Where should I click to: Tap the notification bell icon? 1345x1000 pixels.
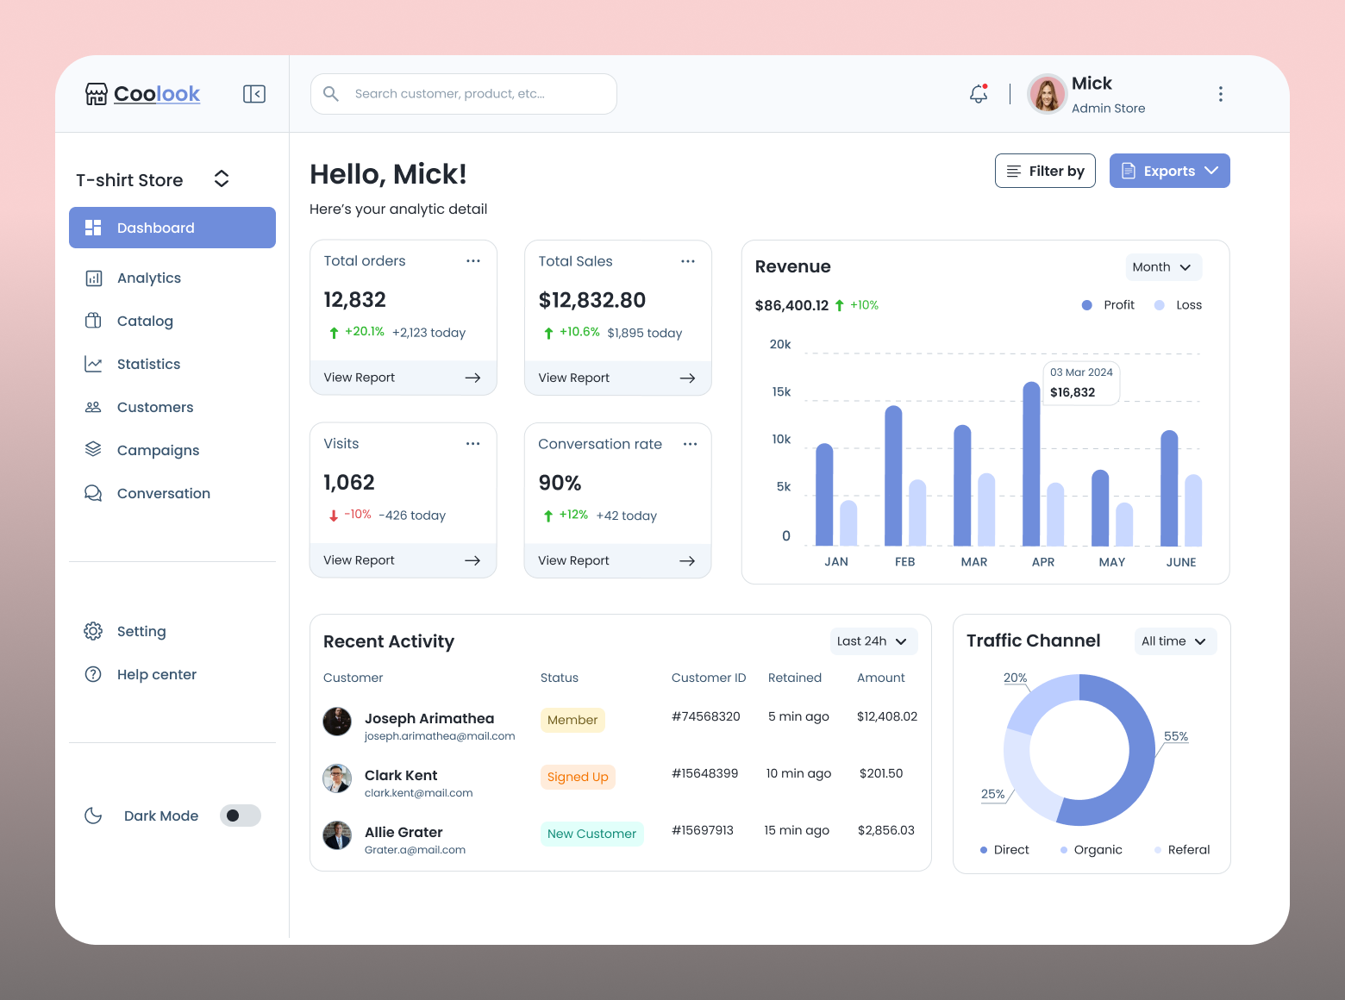(979, 94)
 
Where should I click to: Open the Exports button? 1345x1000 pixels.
(1169, 171)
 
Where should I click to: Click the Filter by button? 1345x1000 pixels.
(1045, 171)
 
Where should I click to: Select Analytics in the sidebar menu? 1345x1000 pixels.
(148, 278)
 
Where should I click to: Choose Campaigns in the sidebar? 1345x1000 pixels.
(158, 450)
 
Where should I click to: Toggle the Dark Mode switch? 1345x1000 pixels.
(240, 816)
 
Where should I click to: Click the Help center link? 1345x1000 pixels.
(156, 674)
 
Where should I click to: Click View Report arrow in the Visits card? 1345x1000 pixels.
(472, 560)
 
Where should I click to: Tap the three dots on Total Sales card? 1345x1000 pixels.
(688, 261)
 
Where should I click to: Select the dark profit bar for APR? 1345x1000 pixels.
(1031, 466)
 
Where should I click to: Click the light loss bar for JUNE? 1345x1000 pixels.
(1193, 510)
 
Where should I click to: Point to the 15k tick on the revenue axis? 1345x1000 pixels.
(781, 392)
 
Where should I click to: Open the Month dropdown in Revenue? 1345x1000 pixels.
(1163, 267)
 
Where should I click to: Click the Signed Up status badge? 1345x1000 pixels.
(578, 777)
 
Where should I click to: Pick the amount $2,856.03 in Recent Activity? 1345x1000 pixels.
(885, 830)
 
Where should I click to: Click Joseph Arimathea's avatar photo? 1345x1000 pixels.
(337, 722)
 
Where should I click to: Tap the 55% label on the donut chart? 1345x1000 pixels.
(1175, 736)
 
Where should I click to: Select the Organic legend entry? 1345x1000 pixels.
(1097, 850)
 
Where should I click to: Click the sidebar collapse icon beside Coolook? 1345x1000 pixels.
(254, 94)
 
